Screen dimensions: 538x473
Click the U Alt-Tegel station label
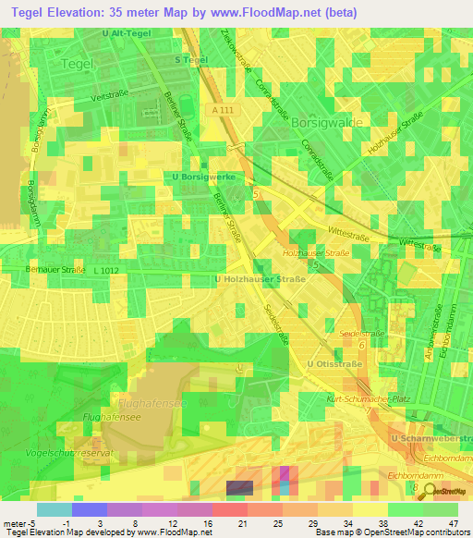[x=126, y=34]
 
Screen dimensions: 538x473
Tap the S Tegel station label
[x=190, y=59]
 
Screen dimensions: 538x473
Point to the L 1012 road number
[x=107, y=270]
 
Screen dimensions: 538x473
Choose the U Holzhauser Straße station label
[x=260, y=278]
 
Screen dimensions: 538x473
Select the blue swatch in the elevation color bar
[x=89, y=509]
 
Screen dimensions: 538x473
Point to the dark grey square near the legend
[x=238, y=487]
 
